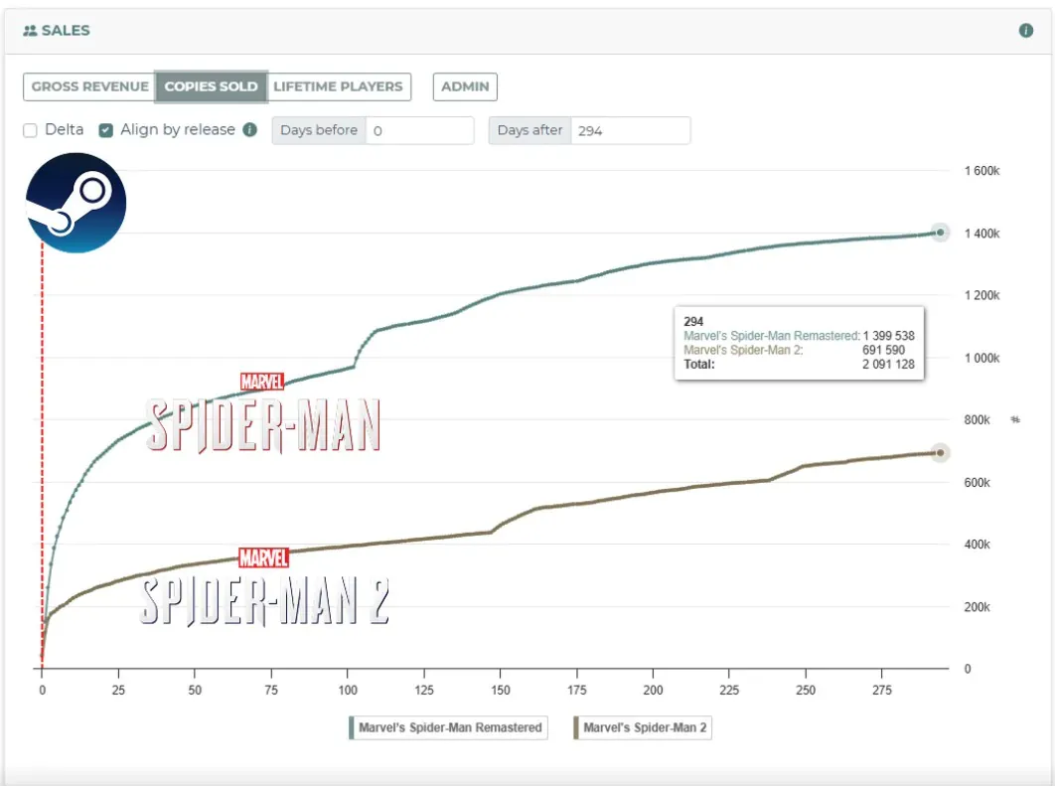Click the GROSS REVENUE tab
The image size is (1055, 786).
[89, 86]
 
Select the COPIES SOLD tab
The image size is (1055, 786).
[211, 86]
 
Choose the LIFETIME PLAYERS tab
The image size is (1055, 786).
[338, 86]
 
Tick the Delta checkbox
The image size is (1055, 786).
[31, 130]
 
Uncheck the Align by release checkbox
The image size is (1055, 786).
[106, 130]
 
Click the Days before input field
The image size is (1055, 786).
[419, 130]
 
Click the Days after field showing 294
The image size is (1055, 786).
[629, 130]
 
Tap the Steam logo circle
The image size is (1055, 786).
[76, 203]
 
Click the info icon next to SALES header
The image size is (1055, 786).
[1026, 31]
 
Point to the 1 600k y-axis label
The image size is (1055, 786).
[981, 171]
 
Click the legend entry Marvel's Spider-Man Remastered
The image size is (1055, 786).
[448, 727]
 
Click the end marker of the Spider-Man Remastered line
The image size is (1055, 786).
[940, 233]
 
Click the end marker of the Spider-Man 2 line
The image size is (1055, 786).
[940, 453]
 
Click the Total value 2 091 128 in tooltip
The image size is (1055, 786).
[888, 365]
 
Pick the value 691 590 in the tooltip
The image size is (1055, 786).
[883, 350]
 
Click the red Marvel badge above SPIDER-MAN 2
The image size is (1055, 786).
[263, 558]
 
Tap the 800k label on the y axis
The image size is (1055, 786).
[978, 420]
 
